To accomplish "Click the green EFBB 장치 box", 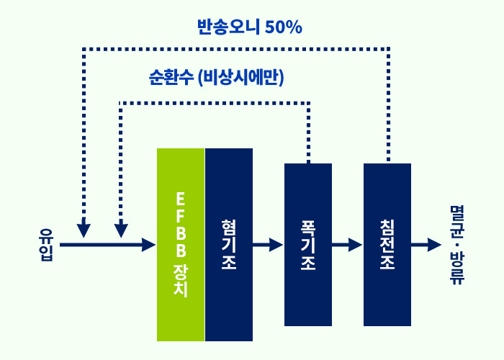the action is [181, 245].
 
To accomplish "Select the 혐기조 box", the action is [229, 245].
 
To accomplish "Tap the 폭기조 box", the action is [308, 245].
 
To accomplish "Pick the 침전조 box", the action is [387, 245].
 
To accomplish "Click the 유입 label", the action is [47, 245].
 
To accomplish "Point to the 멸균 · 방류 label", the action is [456, 245].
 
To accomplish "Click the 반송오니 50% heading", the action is [250, 27].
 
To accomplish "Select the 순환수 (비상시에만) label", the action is [216, 78].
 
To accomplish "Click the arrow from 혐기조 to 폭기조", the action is [268, 245].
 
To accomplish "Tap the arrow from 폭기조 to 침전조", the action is [347, 245].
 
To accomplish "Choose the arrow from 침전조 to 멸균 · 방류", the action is [426, 245].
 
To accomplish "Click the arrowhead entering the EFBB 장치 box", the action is [149, 245].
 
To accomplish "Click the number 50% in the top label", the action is [284, 27].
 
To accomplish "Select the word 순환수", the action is [171, 78].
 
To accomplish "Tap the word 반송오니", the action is [228, 27].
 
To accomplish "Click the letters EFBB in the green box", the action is [181, 225].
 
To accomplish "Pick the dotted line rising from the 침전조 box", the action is [389, 104].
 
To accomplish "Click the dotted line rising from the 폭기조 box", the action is [309, 132].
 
